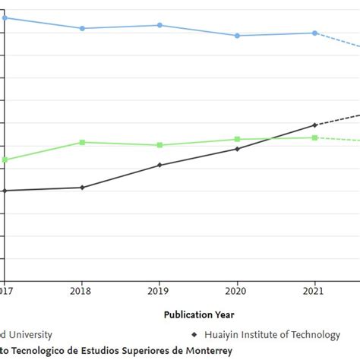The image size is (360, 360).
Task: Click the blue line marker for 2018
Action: pyautogui.click(x=82, y=28)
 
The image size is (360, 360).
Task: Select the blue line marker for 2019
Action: pyautogui.click(x=159, y=25)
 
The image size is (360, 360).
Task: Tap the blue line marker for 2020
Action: pyautogui.click(x=237, y=36)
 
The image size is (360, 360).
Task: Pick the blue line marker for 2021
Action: pyautogui.click(x=315, y=33)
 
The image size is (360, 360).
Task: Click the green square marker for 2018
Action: pyautogui.click(x=82, y=142)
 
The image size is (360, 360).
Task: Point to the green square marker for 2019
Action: pyautogui.click(x=159, y=145)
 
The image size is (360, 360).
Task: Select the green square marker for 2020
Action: pyautogui.click(x=237, y=139)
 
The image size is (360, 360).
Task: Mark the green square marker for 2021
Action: pyautogui.click(x=315, y=137)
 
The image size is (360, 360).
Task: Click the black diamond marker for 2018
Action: pyautogui.click(x=82, y=187)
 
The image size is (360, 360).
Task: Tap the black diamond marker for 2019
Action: pyautogui.click(x=159, y=165)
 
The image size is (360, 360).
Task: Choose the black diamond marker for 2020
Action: pyautogui.click(x=237, y=149)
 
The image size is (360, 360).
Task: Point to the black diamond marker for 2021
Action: pyautogui.click(x=315, y=125)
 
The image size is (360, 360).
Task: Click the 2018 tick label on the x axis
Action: pyautogui.click(x=82, y=290)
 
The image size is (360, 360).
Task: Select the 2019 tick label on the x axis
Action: pyautogui.click(x=159, y=290)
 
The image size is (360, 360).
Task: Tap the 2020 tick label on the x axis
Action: pyautogui.click(x=237, y=290)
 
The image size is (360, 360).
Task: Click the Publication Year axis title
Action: pyautogui.click(x=199, y=314)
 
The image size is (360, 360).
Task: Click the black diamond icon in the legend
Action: pyautogui.click(x=194, y=334)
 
